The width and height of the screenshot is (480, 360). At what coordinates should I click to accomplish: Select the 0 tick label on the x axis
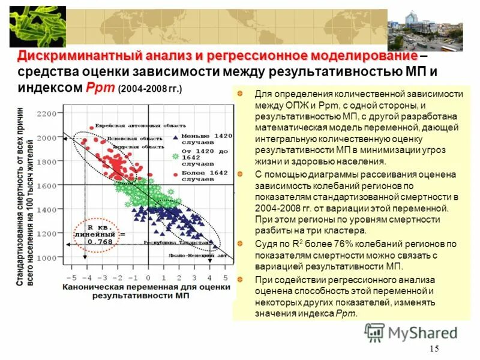click(148, 278)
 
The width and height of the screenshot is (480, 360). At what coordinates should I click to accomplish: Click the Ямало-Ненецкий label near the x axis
click(197, 254)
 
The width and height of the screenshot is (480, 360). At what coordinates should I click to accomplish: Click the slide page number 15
click(435, 350)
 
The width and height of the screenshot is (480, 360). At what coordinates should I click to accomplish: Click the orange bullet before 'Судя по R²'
click(240, 244)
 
